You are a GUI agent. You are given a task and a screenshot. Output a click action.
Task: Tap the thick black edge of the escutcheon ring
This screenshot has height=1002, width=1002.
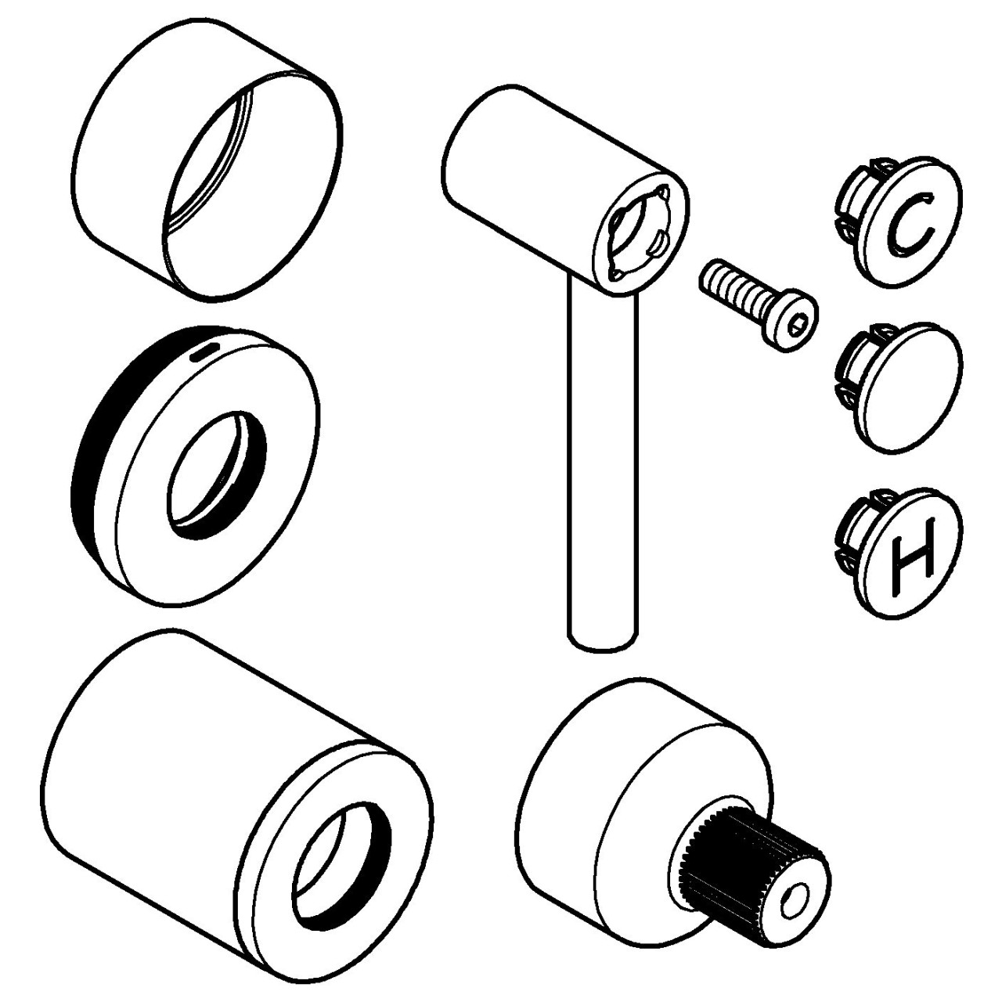tap(90, 470)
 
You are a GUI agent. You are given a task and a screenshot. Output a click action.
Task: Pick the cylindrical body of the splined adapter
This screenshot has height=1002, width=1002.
tap(595, 791)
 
